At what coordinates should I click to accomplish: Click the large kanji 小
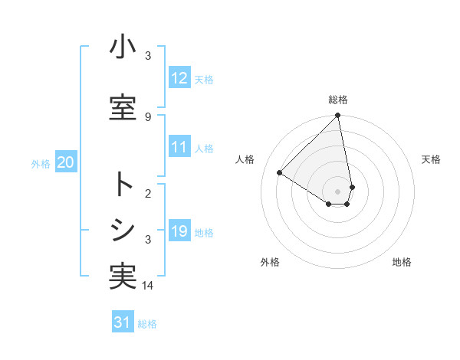(123, 47)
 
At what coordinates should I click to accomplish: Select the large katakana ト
(123, 185)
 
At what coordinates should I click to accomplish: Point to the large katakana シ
(123, 230)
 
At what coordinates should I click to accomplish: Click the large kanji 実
(123, 277)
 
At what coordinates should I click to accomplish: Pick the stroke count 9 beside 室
(148, 116)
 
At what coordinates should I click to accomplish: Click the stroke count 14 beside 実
(149, 286)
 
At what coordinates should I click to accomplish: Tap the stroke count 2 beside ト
(148, 194)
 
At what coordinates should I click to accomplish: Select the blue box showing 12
(179, 78)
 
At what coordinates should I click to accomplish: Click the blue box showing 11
(179, 148)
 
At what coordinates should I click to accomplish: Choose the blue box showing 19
(179, 231)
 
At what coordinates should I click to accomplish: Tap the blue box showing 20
(65, 162)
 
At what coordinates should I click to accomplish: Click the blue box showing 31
(123, 322)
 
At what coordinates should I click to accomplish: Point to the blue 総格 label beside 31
(147, 324)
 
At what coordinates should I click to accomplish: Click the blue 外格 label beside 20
(41, 163)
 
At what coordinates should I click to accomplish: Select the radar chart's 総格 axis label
(338, 100)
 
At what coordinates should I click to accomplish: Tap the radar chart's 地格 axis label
(402, 263)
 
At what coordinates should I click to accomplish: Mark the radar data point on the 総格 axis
(338, 116)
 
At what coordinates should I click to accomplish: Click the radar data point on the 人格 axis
(280, 173)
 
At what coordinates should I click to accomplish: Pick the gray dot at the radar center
(338, 191)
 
